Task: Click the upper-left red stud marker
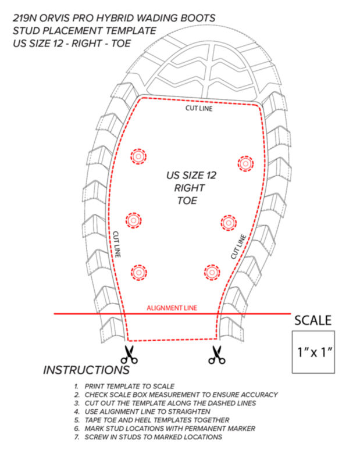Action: (138, 156)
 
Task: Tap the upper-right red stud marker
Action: (245, 163)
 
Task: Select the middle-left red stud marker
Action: (134, 220)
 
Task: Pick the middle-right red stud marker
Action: (229, 223)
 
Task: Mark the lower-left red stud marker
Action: (138, 272)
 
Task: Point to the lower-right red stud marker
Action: (212, 272)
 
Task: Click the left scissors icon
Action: (129, 355)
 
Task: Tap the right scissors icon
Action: (217, 355)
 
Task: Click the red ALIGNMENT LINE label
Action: (172, 308)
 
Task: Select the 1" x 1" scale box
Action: (313, 352)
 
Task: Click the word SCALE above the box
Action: (313, 321)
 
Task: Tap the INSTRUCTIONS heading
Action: (86, 370)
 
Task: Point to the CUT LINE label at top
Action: (199, 108)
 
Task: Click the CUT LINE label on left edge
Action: (117, 244)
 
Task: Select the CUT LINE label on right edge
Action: (238, 246)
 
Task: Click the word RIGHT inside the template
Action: (190, 188)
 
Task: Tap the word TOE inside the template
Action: (187, 201)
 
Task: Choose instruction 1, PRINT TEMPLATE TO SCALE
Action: (124, 387)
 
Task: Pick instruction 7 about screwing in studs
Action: (148, 437)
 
